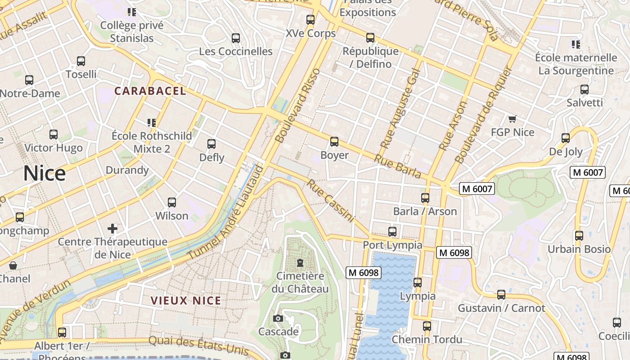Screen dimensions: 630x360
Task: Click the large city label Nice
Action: point(44,174)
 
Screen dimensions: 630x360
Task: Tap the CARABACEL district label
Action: point(150,91)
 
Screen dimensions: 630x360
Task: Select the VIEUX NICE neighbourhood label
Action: point(186,301)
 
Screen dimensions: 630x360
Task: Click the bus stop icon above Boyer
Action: point(334,142)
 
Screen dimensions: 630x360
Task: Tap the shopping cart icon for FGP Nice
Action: point(512,119)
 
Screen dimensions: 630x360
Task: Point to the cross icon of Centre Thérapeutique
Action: point(112,229)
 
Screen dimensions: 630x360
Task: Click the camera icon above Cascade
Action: point(278,319)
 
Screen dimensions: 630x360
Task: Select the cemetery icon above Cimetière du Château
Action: point(300,262)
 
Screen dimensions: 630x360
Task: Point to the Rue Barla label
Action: point(397,167)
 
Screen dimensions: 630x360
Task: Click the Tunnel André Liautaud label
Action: point(225,212)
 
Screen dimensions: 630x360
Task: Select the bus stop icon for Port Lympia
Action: point(392,232)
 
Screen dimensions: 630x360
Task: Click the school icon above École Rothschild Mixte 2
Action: point(152,122)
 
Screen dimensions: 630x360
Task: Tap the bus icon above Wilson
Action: point(171,202)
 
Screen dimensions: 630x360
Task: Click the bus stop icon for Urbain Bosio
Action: point(579,236)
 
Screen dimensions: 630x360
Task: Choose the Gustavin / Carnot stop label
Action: point(501,308)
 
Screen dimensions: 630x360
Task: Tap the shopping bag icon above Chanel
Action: point(13,265)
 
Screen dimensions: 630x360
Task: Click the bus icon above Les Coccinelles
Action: point(236,38)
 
